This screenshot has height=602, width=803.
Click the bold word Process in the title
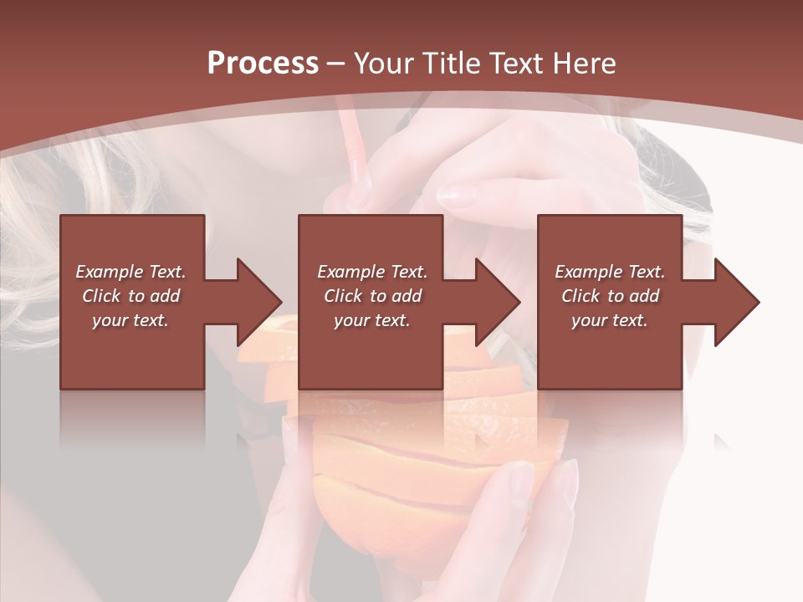[x=263, y=64]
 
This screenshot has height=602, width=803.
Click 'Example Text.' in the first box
[x=130, y=272]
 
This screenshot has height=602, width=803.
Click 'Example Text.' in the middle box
[x=372, y=272]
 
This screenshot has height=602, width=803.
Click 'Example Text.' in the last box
[x=610, y=272]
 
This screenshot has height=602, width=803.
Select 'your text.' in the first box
[x=130, y=320]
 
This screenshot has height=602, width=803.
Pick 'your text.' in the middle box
[x=372, y=320]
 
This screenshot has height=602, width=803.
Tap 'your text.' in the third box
[x=610, y=320]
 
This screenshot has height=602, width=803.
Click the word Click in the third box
[x=581, y=296]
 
